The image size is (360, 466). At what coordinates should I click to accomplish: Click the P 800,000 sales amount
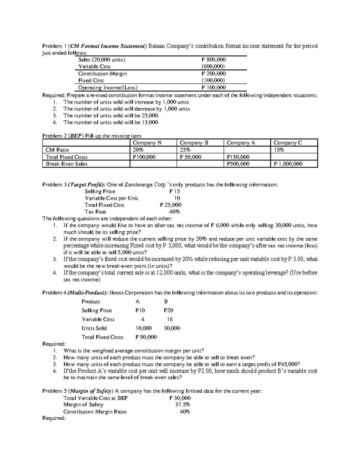[x=214, y=60]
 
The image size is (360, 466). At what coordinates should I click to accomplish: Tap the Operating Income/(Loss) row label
[x=108, y=88]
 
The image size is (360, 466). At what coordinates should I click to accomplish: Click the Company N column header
[x=147, y=143]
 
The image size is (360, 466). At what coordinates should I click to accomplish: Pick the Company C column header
[x=288, y=143]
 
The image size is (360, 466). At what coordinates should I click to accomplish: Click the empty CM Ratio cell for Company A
[x=247, y=150]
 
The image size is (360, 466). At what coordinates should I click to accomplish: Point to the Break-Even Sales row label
[x=66, y=164]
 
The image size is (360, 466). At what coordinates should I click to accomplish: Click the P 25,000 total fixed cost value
[x=171, y=205]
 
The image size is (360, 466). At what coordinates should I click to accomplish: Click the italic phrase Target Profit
[x=87, y=185]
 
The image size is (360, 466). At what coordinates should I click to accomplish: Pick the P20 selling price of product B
[x=168, y=311]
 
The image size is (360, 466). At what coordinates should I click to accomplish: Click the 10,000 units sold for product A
[x=143, y=328]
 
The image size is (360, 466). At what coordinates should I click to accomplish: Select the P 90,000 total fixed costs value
[x=146, y=337]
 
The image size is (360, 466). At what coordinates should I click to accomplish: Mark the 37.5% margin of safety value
[x=183, y=405]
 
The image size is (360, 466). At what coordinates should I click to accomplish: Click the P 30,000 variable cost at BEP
[x=180, y=398]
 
